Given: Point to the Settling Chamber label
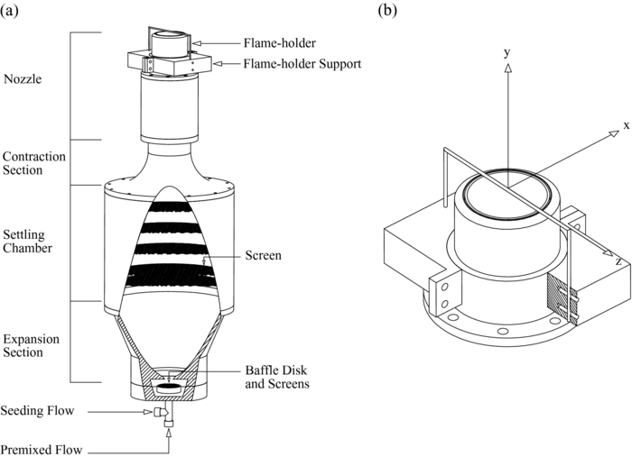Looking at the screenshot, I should [x=27, y=241].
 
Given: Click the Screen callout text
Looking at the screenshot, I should [x=263, y=255].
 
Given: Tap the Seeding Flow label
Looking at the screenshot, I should [x=37, y=411].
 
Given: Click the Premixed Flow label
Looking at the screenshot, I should [x=41, y=448].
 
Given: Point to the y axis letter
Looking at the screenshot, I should [x=508, y=53].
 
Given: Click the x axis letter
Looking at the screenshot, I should [x=625, y=124].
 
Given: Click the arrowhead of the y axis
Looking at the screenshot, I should [x=508, y=68].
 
